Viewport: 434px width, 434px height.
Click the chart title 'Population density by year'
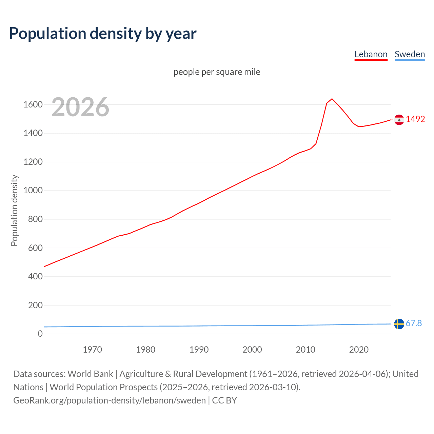[103, 34]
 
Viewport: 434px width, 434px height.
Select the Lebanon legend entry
[371, 54]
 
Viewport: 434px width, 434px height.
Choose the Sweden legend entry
[410, 54]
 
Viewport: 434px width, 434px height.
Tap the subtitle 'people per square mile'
[217, 72]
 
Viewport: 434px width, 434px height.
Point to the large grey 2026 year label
[80, 107]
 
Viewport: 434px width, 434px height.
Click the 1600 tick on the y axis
[33, 104]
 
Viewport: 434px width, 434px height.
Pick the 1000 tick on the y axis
[33, 191]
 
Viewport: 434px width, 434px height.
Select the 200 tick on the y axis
[35, 305]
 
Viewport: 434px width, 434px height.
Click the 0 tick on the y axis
[40, 334]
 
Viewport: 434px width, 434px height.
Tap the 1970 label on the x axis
[92, 350]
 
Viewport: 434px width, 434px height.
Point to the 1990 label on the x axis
[199, 350]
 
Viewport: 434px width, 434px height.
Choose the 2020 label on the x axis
[359, 350]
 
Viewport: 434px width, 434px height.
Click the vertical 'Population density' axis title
[14, 210]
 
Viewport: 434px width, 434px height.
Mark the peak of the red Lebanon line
[332, 99]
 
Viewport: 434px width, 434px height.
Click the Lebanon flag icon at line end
[399, 120]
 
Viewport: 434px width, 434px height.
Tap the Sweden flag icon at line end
[399, 324]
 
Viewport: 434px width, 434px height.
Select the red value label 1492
[415, 119]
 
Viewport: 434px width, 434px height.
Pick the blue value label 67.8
[414, 323]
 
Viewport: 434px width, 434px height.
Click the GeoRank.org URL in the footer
[110, 400]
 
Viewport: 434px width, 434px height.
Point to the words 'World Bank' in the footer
[90, 374]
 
